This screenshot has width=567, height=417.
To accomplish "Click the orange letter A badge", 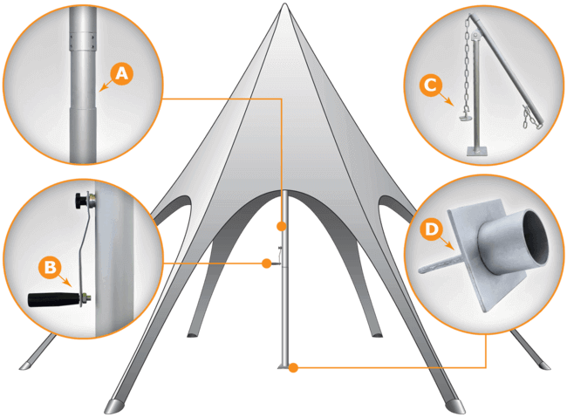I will click(x=122, y=75).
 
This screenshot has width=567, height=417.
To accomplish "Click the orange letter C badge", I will click(x=427, y=85).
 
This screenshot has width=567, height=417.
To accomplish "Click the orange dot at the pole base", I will click(x=295, y=368).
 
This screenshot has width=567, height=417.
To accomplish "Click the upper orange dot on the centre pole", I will click(x=282, y=226).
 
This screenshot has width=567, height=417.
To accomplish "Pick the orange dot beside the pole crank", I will click(x=266, y=263).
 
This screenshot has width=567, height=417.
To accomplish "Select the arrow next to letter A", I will click(x=106, y=85).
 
